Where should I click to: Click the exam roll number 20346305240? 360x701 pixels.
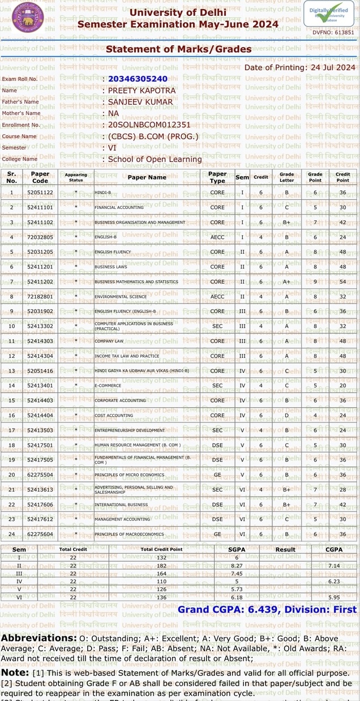coord(138,79)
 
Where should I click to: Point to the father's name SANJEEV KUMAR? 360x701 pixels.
coord(140,102)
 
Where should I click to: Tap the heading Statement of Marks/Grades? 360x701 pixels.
coord(179,49)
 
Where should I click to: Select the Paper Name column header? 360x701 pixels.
coord(147,177)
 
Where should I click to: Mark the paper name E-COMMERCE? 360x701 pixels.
coord(107,386)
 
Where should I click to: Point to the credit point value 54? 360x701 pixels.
coord(342,281)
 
